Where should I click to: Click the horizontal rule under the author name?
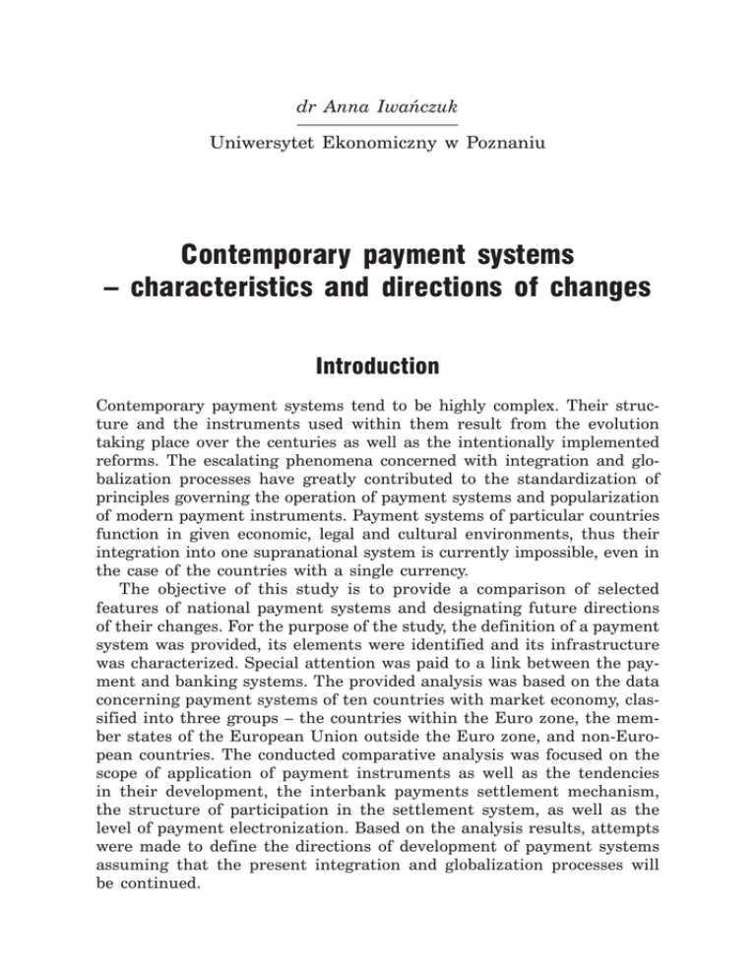pos(378,125)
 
